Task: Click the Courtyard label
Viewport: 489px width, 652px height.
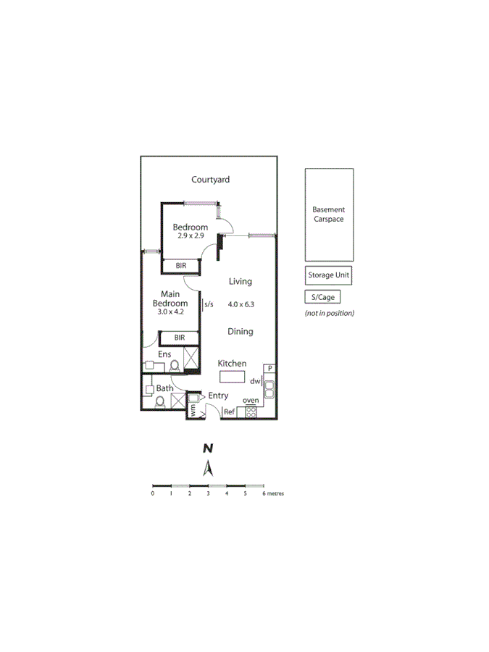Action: [x=210, y=180]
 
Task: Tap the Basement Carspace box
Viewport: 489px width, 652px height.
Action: [x=328, y=214]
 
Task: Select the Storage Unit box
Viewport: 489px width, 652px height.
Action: [x=328, y=275]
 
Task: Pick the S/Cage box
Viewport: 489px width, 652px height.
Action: [x=321, y=297]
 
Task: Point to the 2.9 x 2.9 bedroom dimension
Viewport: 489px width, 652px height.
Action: [x=190, y=236]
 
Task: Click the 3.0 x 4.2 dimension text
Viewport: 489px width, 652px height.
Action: [x=170, y=312]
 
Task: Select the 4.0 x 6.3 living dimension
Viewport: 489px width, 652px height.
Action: [x=240, y=305]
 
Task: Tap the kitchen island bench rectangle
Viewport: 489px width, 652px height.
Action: [x=233, y=377]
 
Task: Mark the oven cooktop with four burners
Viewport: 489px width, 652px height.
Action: [x=251, y=411]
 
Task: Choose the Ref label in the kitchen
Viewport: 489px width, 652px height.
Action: [x=229, y=412]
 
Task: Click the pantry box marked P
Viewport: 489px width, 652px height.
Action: [x=269, y=368]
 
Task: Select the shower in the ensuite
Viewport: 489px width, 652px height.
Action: [x=191, y=359]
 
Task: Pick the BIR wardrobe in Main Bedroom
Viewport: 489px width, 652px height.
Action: [x=179, y=338]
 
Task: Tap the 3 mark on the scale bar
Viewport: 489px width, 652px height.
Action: [x=208, y=493]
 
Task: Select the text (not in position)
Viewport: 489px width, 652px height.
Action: [x=329, y=313]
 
